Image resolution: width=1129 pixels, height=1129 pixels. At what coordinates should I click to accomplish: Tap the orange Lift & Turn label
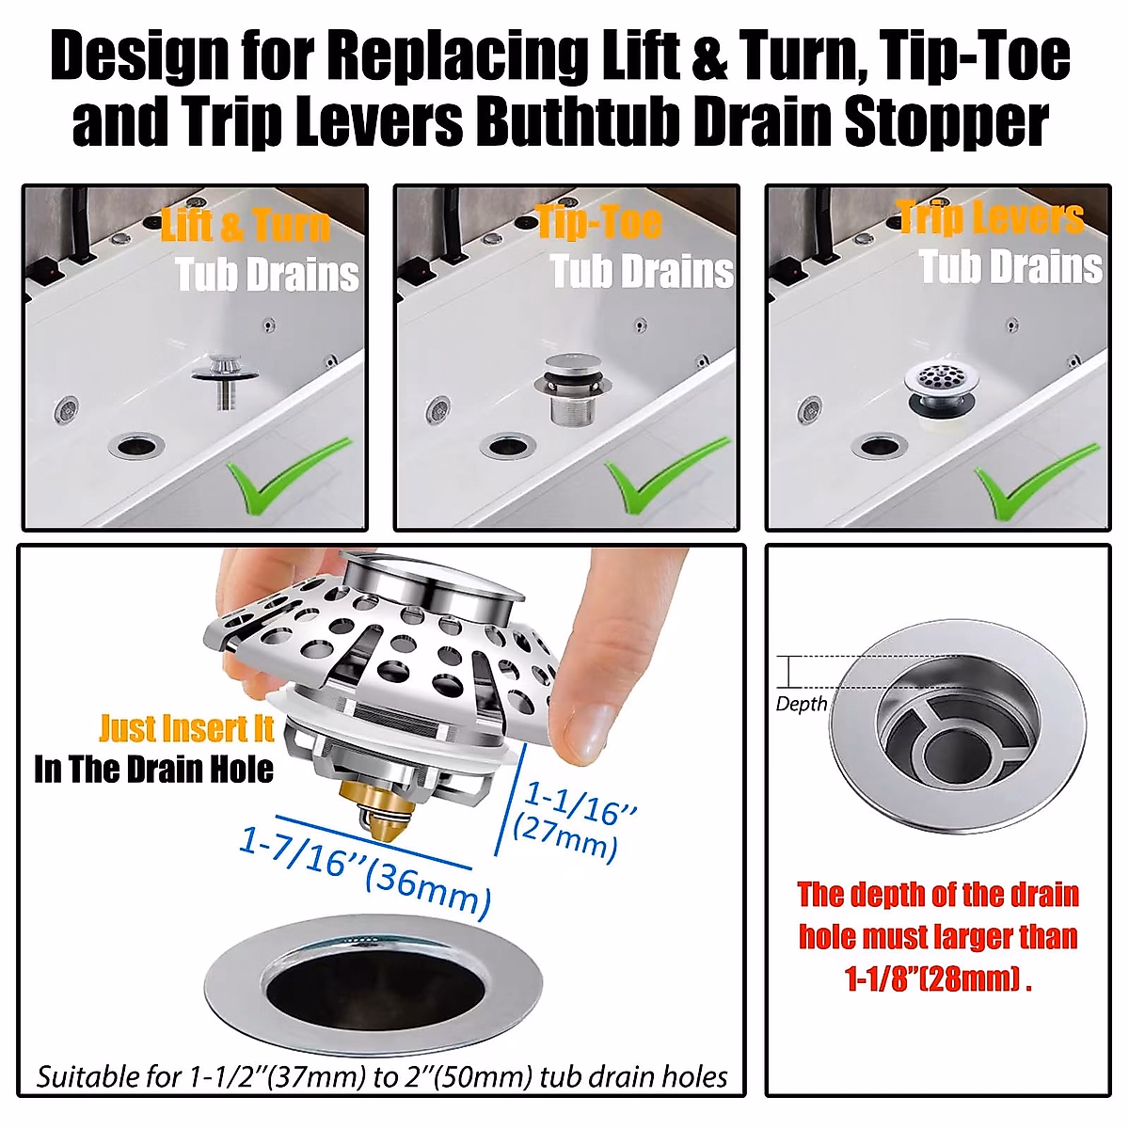pyautogui.click(x=246, y=226)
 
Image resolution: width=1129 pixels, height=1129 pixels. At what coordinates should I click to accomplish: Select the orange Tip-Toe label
pyautogui.click(x=599, y=223)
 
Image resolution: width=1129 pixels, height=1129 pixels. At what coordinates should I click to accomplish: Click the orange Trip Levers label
pyautogui.click(x=990, y=217)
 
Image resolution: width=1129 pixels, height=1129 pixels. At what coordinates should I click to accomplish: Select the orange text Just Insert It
pyautogui.click(x=186, y=729)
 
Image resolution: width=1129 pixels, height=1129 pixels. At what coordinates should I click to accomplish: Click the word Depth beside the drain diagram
pyautogui.click(x=802, y=704)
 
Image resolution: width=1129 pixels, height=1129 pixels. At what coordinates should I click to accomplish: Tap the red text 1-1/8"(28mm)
pyautogui.click(x=937, y=979)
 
